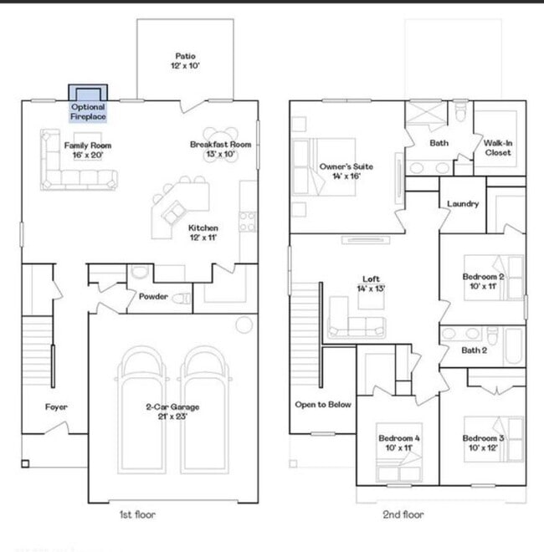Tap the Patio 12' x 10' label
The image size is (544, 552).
(186, 60)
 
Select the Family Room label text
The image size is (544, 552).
(88, 150)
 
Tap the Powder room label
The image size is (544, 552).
(152, 296)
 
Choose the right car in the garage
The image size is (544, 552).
(207, 400)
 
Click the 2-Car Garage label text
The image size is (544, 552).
(172, 411)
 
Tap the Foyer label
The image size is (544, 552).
(56, 407)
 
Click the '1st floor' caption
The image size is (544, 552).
(137, 515)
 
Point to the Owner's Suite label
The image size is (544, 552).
(346, 171)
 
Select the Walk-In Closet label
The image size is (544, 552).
(499, 148)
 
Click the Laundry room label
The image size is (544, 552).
(462, 203)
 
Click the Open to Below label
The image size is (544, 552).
(323, 405)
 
